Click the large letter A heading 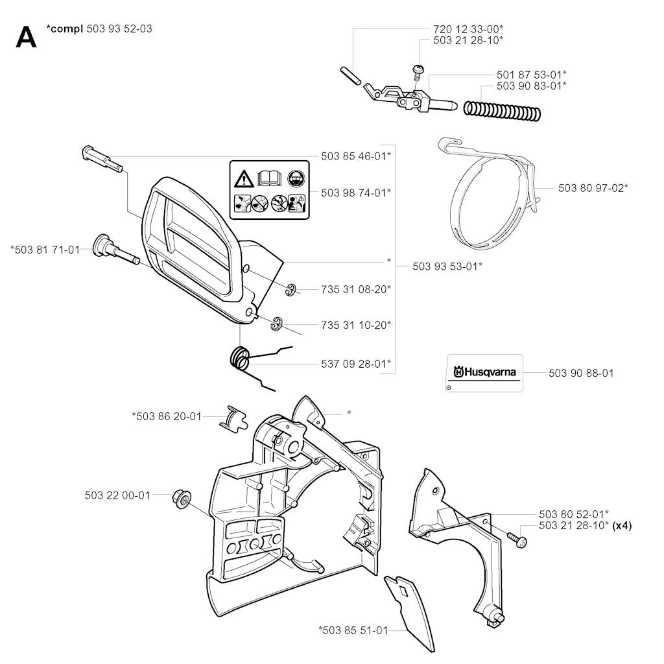[x=26, y=37]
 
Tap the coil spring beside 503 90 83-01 [x=503, y=110]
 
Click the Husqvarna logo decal [x=484, y=373]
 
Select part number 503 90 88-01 [x=581, y=373]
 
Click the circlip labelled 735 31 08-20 [x=290, y=290]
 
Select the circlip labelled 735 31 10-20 [x=276, y=324]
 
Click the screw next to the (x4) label [x=517, y=539]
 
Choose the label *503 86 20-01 [x=167, y=417]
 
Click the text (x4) [x=622, y=525]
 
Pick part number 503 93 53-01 [x=447, y=267]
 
